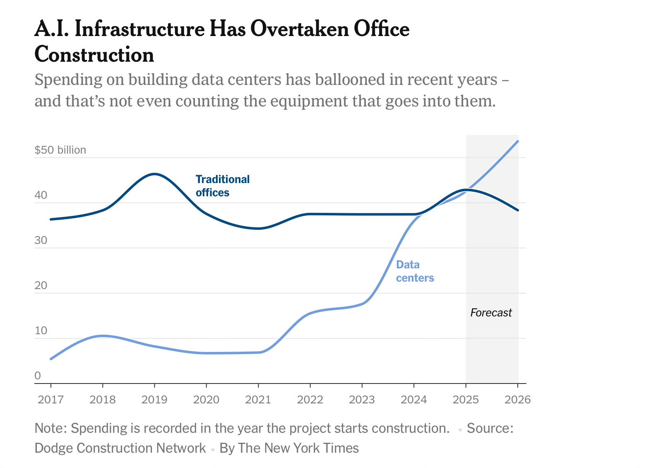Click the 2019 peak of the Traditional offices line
154,174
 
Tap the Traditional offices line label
222,186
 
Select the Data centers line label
415,271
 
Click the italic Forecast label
491,313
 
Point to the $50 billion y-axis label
60,150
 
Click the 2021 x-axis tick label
258,400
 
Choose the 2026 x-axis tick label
518,400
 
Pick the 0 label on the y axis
38,376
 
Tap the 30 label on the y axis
41,240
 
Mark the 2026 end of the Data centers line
518,141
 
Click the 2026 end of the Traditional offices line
518,210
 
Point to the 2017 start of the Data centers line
51,359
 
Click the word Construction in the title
94,55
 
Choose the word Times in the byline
342,448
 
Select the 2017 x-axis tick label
51,400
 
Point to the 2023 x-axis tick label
362,400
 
